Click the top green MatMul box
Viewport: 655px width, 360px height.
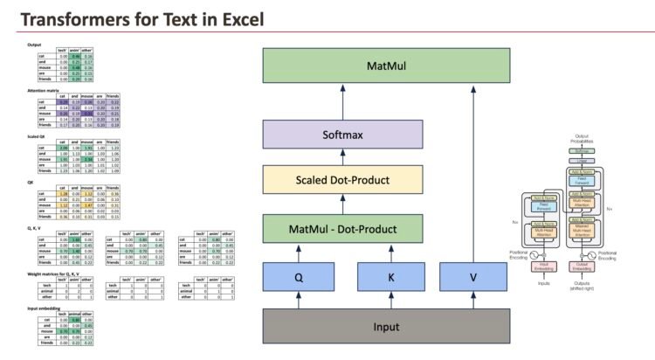click(x=386, y=66)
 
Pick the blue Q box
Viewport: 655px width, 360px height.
click(x=299, y=279)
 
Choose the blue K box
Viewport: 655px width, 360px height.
click(x=390, y=279)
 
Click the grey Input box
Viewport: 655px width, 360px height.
click(x=386, y=327)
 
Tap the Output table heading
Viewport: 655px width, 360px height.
click(x=35, y=45)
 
